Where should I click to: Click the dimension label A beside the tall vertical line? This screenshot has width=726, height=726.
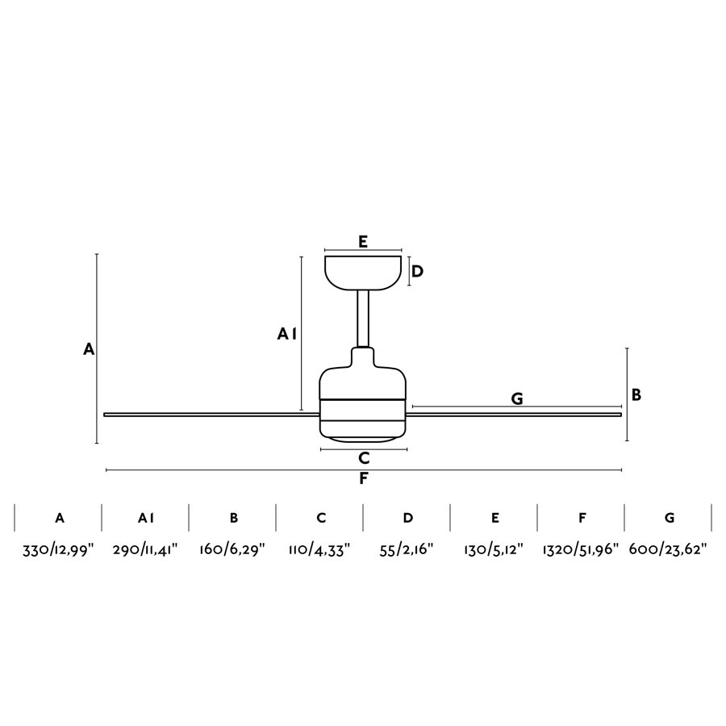point(89,349)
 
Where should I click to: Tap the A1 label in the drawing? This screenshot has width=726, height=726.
point(286,333)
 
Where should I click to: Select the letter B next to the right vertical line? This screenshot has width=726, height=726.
point(636,395)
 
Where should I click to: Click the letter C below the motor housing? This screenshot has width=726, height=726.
point(364,458)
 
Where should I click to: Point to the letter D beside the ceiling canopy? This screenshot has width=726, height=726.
point(417,271)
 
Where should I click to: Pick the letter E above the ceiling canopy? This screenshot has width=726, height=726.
point(363,242)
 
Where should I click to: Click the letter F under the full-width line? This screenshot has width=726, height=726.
point(364,478)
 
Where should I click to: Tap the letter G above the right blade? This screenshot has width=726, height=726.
point(517,398)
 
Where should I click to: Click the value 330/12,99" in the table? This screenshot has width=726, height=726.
point(58,550)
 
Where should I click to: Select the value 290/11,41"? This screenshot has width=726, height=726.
point(145,550)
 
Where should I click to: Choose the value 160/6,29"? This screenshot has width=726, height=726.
point(232,550)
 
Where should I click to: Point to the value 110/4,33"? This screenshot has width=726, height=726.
point(319,550)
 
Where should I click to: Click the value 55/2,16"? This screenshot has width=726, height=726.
point(407,550)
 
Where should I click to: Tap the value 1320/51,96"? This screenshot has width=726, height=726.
point(581,550)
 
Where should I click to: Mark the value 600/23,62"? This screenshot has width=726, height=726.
point(668,550)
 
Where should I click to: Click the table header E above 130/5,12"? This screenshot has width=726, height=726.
point(495,518)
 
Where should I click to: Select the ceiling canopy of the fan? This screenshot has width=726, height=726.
point(363,273)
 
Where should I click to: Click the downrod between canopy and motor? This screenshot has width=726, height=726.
point(363,319)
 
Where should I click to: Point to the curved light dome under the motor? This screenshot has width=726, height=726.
point(364,438)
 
